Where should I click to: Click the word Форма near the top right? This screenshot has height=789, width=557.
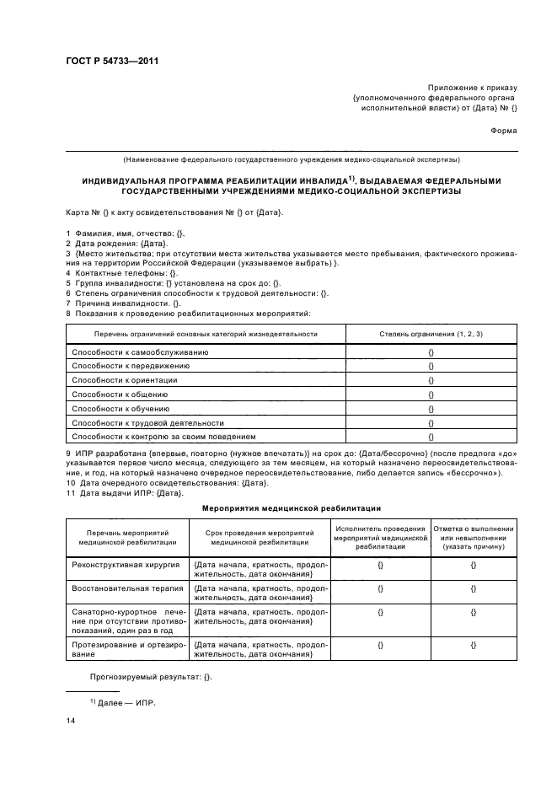tap(504, 131)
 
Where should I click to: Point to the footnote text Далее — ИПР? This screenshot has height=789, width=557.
tap(126, 701)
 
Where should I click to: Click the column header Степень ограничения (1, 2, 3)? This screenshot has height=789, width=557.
tap(431, 334)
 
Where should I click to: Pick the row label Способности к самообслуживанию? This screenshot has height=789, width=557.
tap(140, 351)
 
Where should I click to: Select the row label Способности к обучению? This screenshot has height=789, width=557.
tap(123, 408)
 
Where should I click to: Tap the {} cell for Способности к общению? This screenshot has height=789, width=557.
tap(431, 394)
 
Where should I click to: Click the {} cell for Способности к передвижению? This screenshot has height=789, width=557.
tap(431, 365)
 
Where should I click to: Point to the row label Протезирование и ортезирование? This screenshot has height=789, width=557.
tap(128, 649)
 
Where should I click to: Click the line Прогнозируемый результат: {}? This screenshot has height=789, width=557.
tap(152, 677)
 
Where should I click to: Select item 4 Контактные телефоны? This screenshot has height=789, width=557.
tap(122, 272)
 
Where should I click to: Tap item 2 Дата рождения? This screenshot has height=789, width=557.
tap(115, 243)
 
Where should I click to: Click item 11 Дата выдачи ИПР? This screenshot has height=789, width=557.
tap(123, 492)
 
